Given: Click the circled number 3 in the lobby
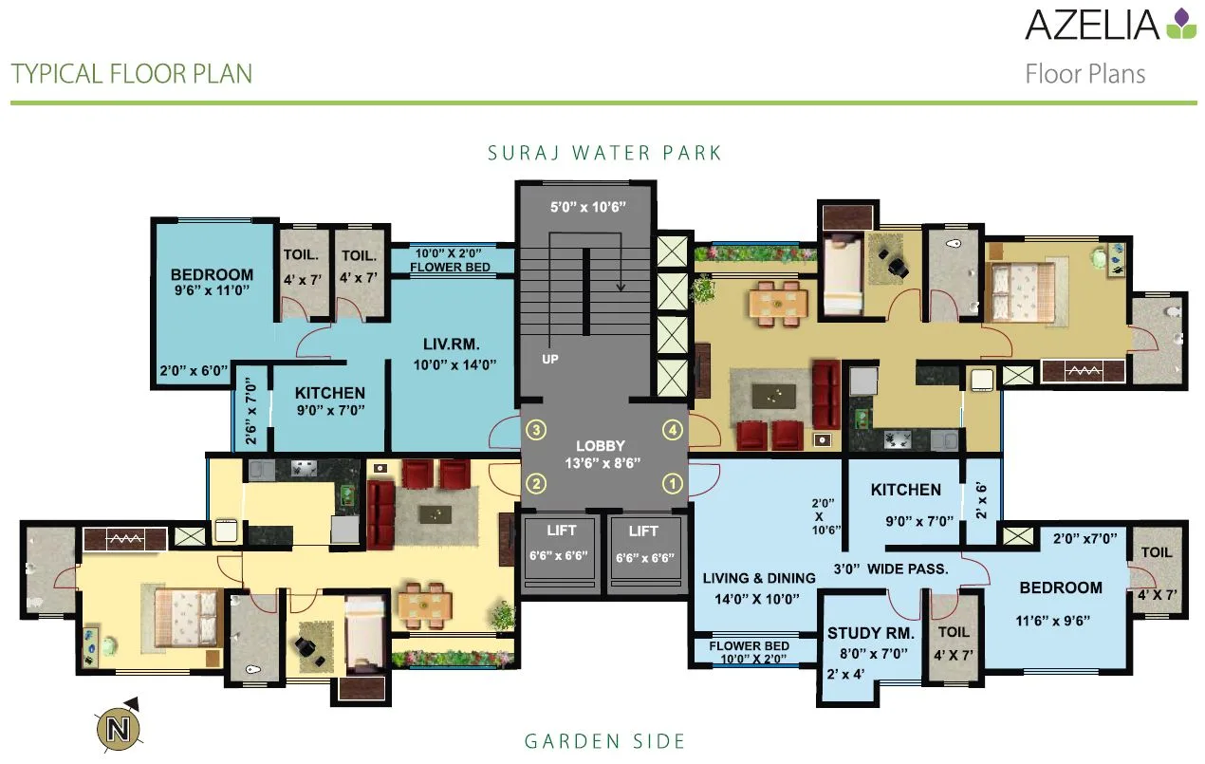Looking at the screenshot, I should click(537, 430).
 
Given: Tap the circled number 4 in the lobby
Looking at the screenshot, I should click(673, 429).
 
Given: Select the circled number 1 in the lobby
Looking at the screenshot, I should click(673, 484).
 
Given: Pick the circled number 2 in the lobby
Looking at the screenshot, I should click(537, 484).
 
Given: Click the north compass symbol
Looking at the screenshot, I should click(117, 728).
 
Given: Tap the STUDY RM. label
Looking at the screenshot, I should click(870, 633).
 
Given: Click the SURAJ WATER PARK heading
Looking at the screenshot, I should click(604, 153).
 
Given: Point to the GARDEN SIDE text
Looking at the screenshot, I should click(604, 741).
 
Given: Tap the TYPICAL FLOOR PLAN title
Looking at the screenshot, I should click(132, 74).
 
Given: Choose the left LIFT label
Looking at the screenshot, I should click(562, 531).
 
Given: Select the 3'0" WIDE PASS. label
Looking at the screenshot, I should click(890, 569).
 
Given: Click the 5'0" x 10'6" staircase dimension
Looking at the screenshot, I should click(588, 206).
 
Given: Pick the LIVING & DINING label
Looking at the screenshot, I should click(759, 578).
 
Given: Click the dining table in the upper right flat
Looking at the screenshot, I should click(778, 302).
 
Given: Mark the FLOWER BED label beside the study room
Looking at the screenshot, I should click(749, 646).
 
